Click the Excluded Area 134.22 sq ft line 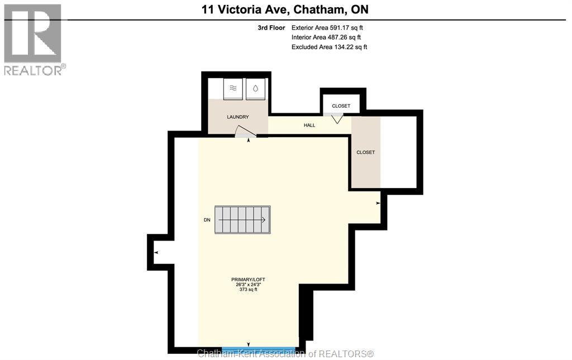329,47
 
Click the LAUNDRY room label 237,117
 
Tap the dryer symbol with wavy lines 233,88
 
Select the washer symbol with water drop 255,88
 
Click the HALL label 309,125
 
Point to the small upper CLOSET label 341,106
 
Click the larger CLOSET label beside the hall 366,152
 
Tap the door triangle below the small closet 337,118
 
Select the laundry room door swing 244,132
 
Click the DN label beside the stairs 207,220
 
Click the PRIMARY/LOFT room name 248,279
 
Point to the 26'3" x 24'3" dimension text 248,284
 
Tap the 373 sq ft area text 248,290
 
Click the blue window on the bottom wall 259,349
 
